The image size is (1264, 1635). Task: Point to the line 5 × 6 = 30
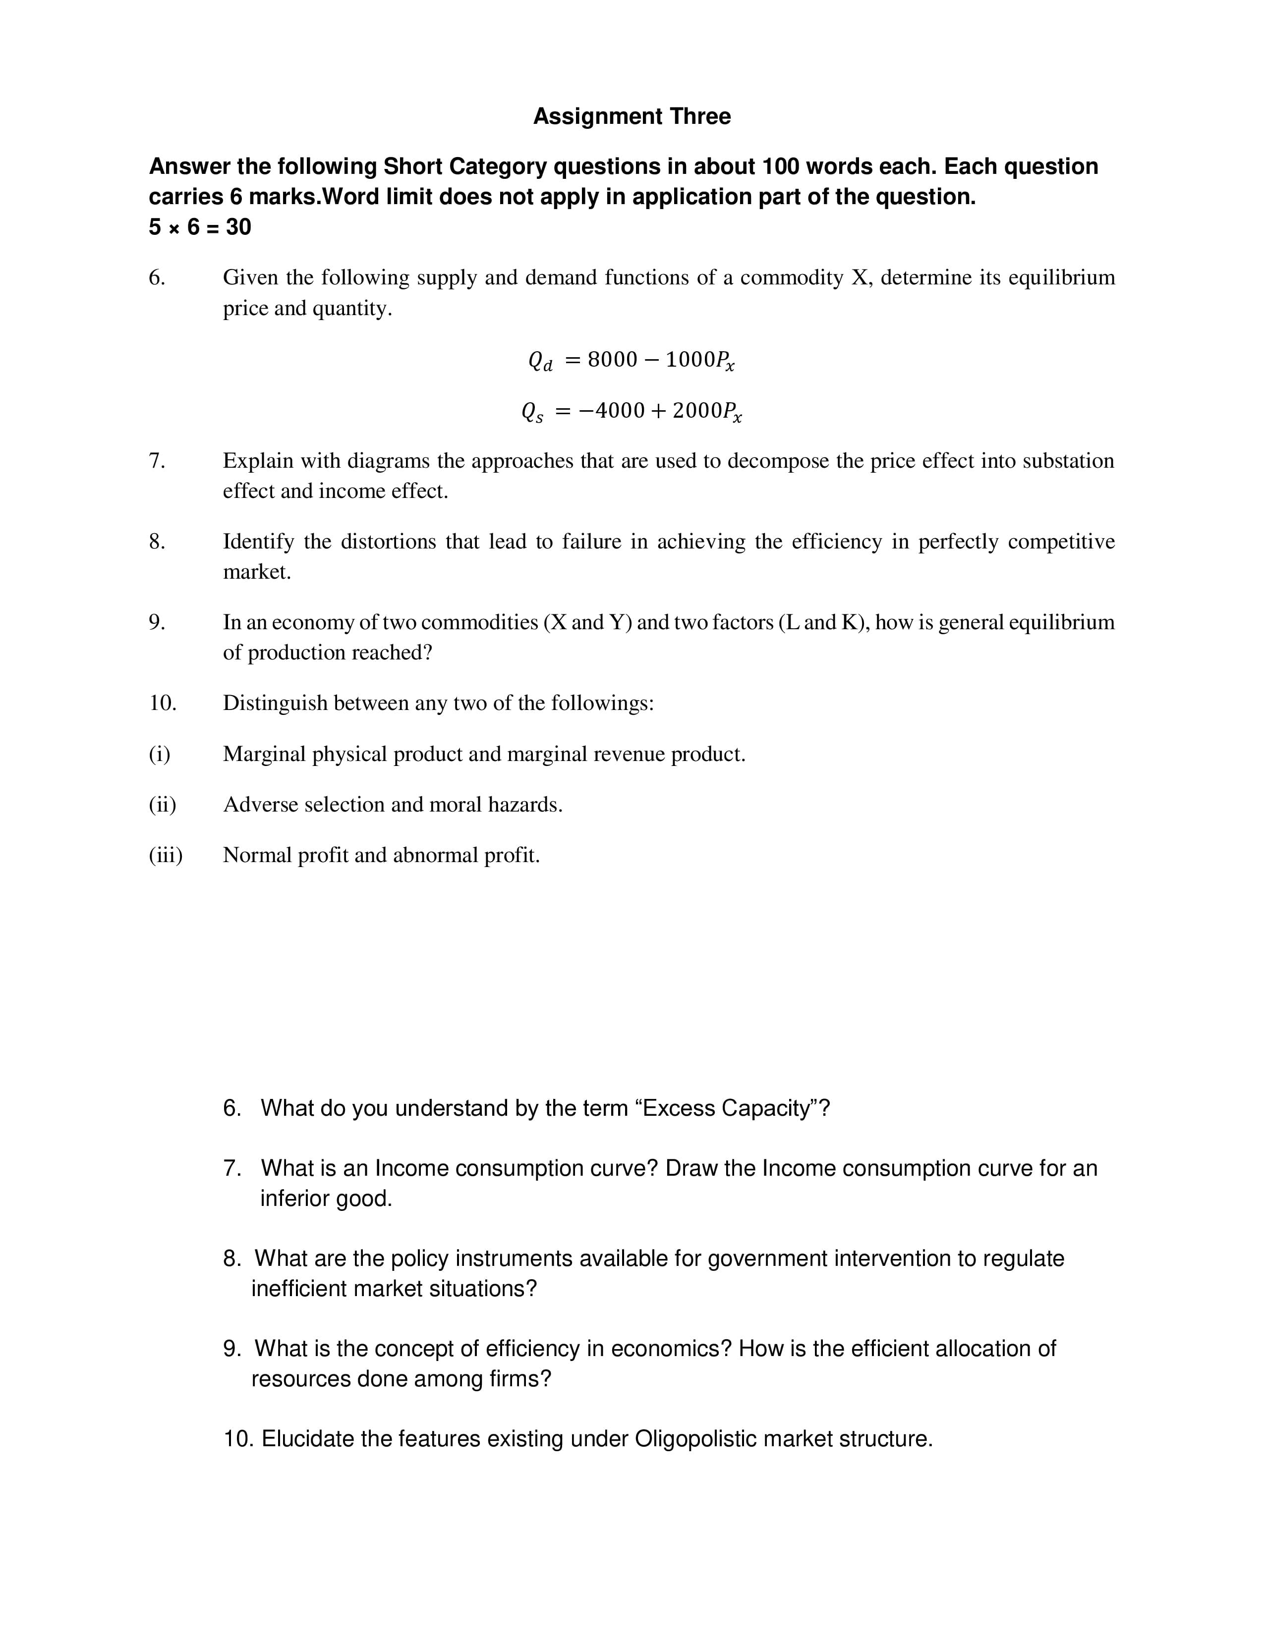click(x=200, y=227)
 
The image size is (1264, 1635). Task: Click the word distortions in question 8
click(x=388, y=541)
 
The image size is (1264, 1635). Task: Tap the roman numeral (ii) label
click(x=163, y=805)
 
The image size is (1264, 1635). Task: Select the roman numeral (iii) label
click(x=166, y=855)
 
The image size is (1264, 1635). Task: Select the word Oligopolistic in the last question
click(x=695, y=1439)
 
